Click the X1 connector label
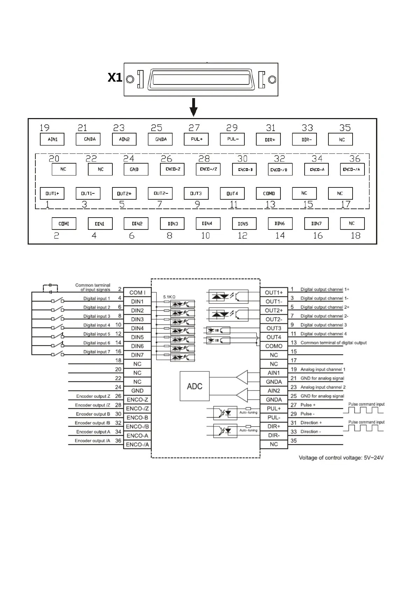tap(115, 77)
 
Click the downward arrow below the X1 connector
tap(193, 107)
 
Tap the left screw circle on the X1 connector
tap(130, 79)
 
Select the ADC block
tap(195, 386)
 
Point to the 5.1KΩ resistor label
tap(169, 297)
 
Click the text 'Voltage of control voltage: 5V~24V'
tap(341, 458)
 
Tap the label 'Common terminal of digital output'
tap(333, 343)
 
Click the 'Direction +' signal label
tap(311, 423)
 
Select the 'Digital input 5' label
tap(97, 334)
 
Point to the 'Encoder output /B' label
tap(92, 423)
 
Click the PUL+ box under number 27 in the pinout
tap(196, 139)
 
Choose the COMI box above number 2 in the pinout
tap(64, 224)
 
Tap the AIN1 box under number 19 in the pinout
tap(53, 139)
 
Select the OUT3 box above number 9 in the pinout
tap(196, 193)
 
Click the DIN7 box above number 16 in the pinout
tap(316, 224)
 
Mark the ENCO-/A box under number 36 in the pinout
tap(352, 169)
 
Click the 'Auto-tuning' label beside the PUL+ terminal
tap(248, 412)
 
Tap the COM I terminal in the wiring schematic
tap(137, 293)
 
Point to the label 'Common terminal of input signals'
tap(93, 287)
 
